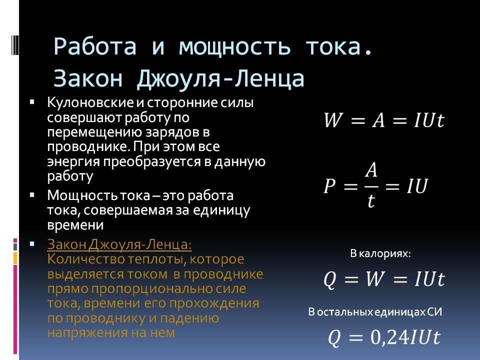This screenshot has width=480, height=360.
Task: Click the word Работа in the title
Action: tap(95, 46)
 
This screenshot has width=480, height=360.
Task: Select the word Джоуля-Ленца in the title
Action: tap(220, 79)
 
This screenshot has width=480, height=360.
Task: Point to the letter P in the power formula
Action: tap(329, 186)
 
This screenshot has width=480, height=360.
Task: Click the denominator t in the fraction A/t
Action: tap(371, 201)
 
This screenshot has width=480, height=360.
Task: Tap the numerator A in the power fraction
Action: tap(371, 170)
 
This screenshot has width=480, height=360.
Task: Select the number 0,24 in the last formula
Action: tap(389, 337)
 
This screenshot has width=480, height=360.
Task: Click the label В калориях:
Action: tap(380, 253)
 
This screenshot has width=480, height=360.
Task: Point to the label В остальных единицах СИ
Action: tap(375, 312)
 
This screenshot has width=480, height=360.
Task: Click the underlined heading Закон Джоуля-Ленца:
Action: tap(119, 245)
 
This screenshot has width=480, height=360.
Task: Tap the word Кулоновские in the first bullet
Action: tap(90, 102)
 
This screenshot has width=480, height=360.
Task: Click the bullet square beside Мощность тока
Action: tap(32, 194)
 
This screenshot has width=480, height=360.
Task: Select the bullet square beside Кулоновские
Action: tap(32, 101)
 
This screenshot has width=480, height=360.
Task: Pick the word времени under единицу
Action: tap(75, 225)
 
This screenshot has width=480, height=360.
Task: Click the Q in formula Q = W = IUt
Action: tap(330, 279)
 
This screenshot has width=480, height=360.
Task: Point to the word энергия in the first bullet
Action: tap(73, 162)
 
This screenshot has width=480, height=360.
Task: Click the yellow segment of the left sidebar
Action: tap(15, 258)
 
